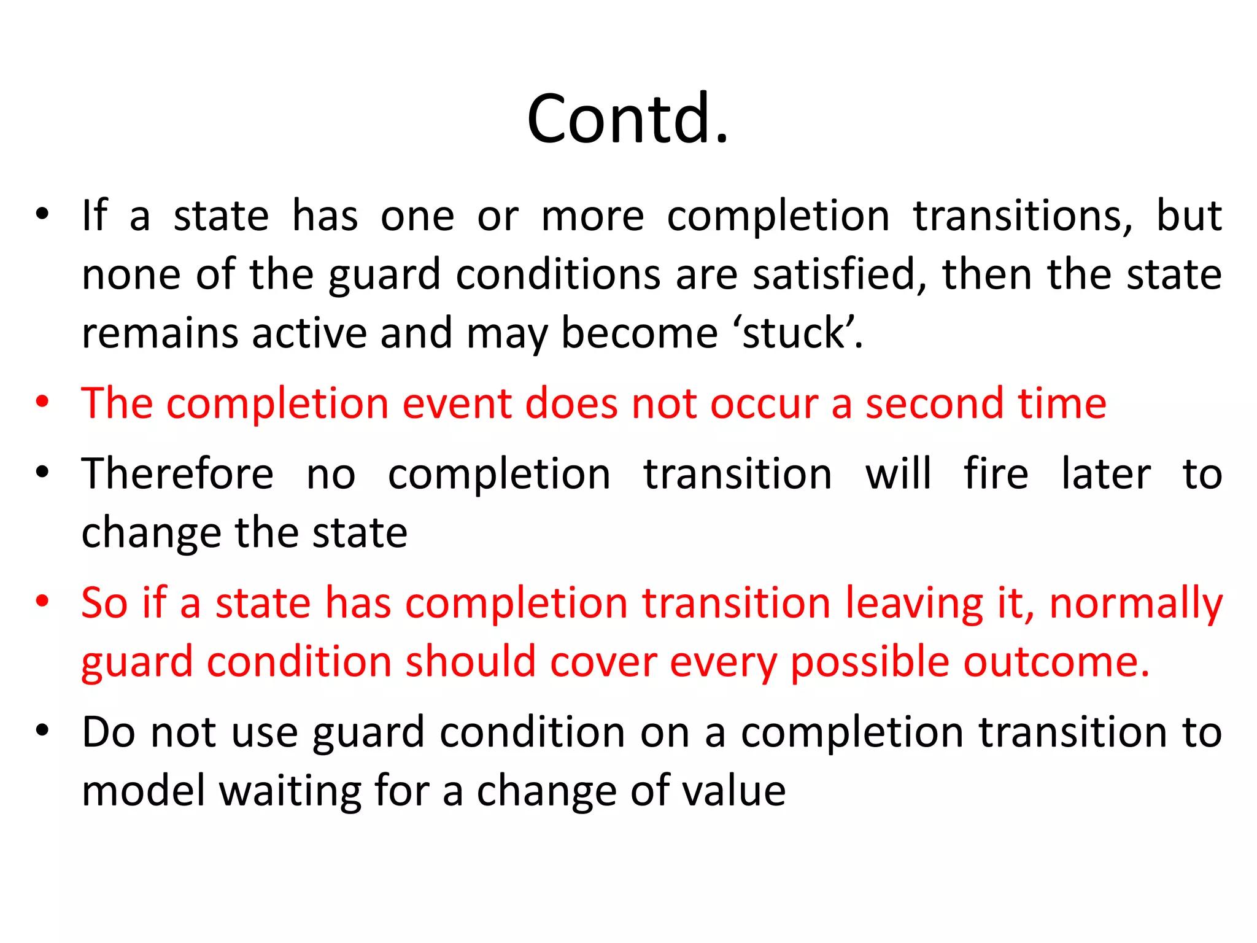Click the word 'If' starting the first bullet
[95, 215]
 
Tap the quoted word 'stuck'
[797, 333]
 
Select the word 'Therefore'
[177, 474]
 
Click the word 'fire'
[996, 474]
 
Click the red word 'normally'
[1135, 603]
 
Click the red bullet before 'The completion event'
[42, 403]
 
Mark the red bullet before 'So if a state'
[42, 602]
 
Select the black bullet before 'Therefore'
[42, 473]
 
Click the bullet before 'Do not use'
[42, 731]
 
